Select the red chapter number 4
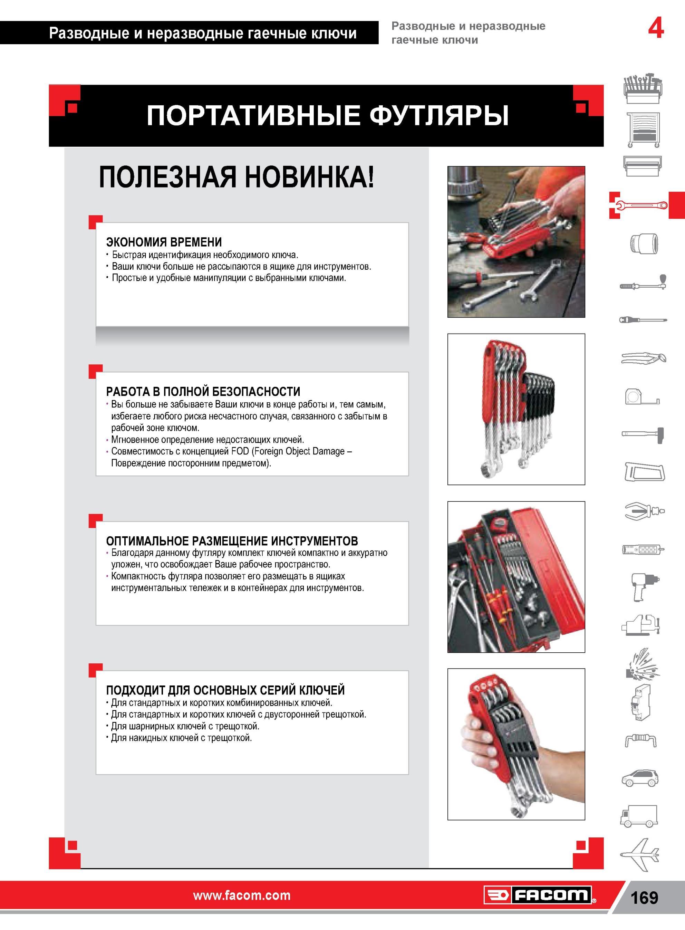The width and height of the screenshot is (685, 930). pyautogui.click(x=656, y=29)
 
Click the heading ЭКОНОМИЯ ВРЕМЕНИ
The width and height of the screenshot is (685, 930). pyautogui.click(x=164, y=242)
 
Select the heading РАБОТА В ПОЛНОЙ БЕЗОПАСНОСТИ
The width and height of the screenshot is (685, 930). pyautogui.click(x=203, y=391)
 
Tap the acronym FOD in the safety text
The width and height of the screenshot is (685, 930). pyautogui.click(x=241, y=451)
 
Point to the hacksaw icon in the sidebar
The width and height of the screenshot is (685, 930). pyautogui.click(x=644, y=472)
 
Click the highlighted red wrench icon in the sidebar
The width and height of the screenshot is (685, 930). pyautogui.click(x=640, y=205)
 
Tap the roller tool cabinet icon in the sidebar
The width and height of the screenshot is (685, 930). pyautogui.click(x=644, y=130)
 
